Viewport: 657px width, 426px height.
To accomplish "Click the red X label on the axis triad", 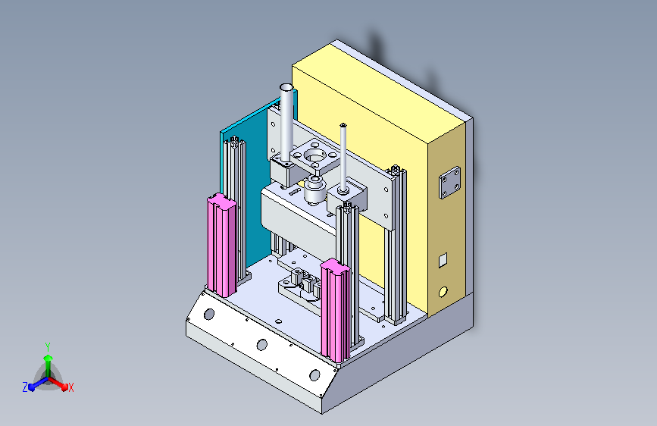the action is click(70, 387).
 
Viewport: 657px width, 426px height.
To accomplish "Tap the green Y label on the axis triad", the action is click(48, 347).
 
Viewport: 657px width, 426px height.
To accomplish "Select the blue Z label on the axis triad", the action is click(25, 387).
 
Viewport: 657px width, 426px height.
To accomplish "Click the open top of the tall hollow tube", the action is click(286, 88).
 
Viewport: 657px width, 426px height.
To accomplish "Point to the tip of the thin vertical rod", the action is click(343, 125).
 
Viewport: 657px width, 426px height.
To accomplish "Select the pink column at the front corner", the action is click(335, 310).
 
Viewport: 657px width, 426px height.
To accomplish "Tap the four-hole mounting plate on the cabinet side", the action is click(449, 183).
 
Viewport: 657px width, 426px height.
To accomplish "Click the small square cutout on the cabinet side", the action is click(443, 260).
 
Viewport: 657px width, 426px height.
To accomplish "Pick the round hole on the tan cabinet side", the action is click(443, 292).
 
